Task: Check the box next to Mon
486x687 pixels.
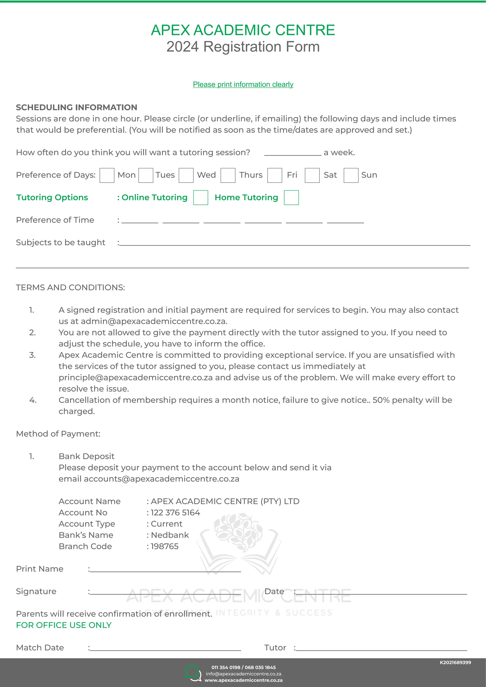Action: tap(107, 175)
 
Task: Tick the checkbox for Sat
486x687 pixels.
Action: tap(312, 175)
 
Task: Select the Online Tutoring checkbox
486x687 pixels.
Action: tap(201, 197)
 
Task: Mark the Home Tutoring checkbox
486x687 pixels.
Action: tap(291, 197)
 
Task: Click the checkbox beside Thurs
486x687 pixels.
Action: tap(228, 175)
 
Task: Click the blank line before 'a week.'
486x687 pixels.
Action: tap(292, 153)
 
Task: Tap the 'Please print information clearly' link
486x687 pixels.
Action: tap(243, 84)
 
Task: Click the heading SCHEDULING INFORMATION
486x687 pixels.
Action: tap(77, 107)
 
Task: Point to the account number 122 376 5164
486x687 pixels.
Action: tap(175, 513)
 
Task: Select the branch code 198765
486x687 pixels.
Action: tap(165, 546)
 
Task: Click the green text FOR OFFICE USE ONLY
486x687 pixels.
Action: tap(64, 625)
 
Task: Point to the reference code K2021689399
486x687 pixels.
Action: tap(455, 663)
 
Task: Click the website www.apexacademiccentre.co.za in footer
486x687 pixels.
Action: tap(243, 680)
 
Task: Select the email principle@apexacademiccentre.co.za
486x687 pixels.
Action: tap(136, 378)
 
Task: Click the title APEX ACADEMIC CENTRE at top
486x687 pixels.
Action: tap(243, 30)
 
